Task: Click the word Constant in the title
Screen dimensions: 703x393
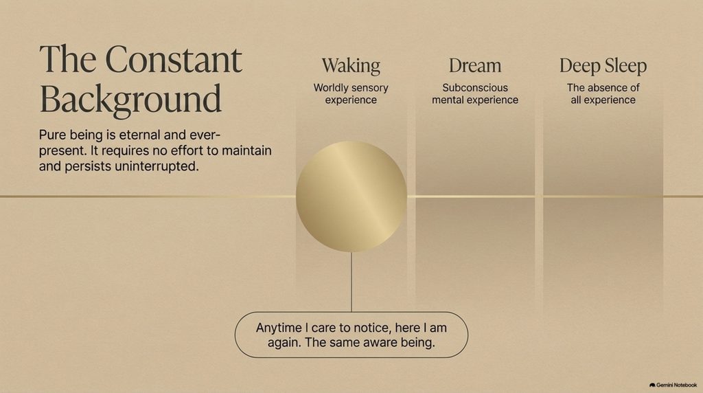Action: click(x=174, y=59)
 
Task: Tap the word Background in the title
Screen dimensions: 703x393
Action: click(x=131, y=99)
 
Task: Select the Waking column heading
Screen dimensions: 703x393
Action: click(x=351, y=66)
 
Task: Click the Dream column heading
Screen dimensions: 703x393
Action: click(x=475, y=66)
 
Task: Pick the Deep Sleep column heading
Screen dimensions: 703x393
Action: click(x=603, y=67)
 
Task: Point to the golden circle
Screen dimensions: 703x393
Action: click(x=351, y=196)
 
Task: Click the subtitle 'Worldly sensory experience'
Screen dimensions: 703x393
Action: click(x=351, y=93)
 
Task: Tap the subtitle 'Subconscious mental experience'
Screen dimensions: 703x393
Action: click(x=475, y=93)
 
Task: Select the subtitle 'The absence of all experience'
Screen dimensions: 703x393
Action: click(x=603, y=93)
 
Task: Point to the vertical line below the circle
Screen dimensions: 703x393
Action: click(x=351, y=282)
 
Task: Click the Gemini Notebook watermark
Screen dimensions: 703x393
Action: click(x=673, y=385)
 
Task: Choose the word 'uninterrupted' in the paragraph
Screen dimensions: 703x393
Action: click(x=157, y=166)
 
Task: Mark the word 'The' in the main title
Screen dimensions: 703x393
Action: click(x=68, y=59)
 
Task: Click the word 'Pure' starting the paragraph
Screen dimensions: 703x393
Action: click(x=51, y=135)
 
